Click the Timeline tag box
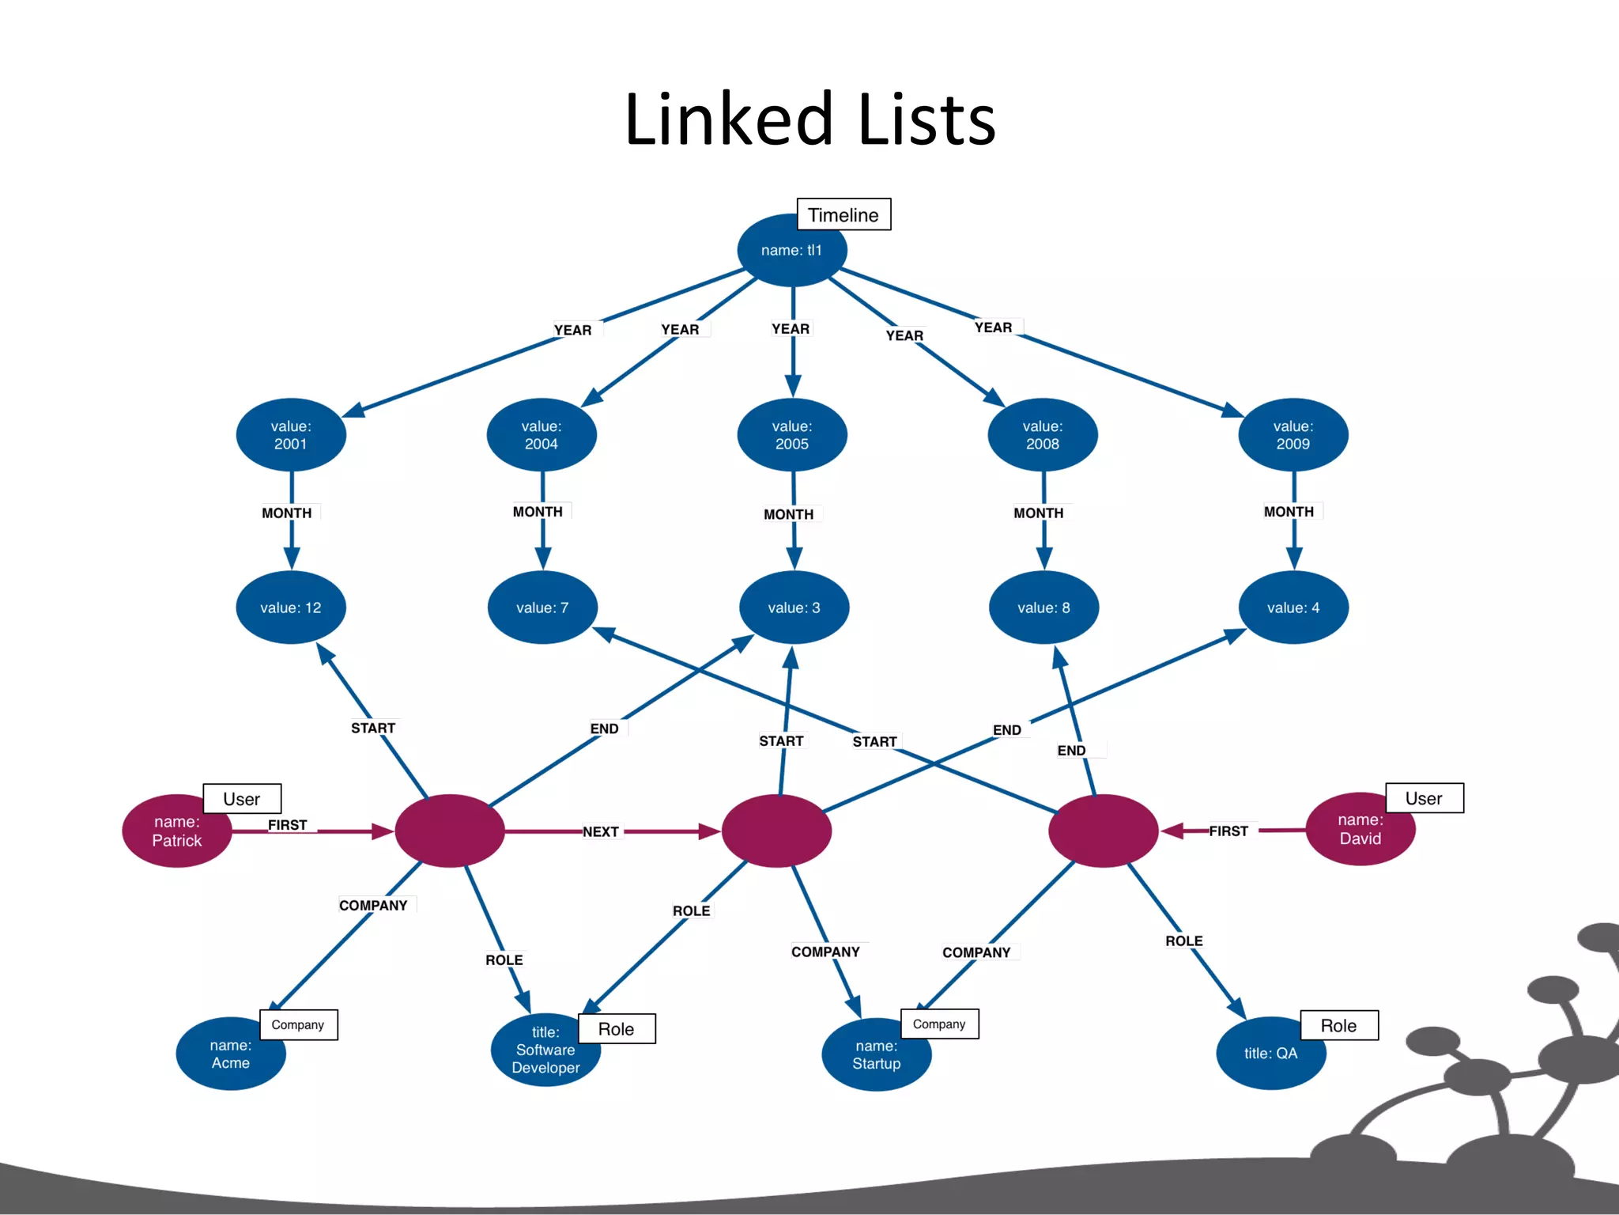[843, 214]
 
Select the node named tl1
[791, 251]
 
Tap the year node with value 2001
[291, 435]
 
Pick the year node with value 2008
[1042, 435]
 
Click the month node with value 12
[291, 607]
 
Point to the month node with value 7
[542, 607]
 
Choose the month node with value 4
[1293, 607]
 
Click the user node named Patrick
[176, 831]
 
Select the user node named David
[1360, 830]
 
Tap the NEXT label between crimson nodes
[601, 832]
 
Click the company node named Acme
[230, 1054]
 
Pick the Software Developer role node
[545, 1050]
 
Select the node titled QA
[1270, 1054]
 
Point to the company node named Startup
[876, 1055]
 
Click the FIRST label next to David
[1228, 831]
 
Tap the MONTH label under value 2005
[789, 515]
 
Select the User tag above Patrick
[242, 799]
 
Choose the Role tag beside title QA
[1338, 1026]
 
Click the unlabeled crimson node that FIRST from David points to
[1103, 831]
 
